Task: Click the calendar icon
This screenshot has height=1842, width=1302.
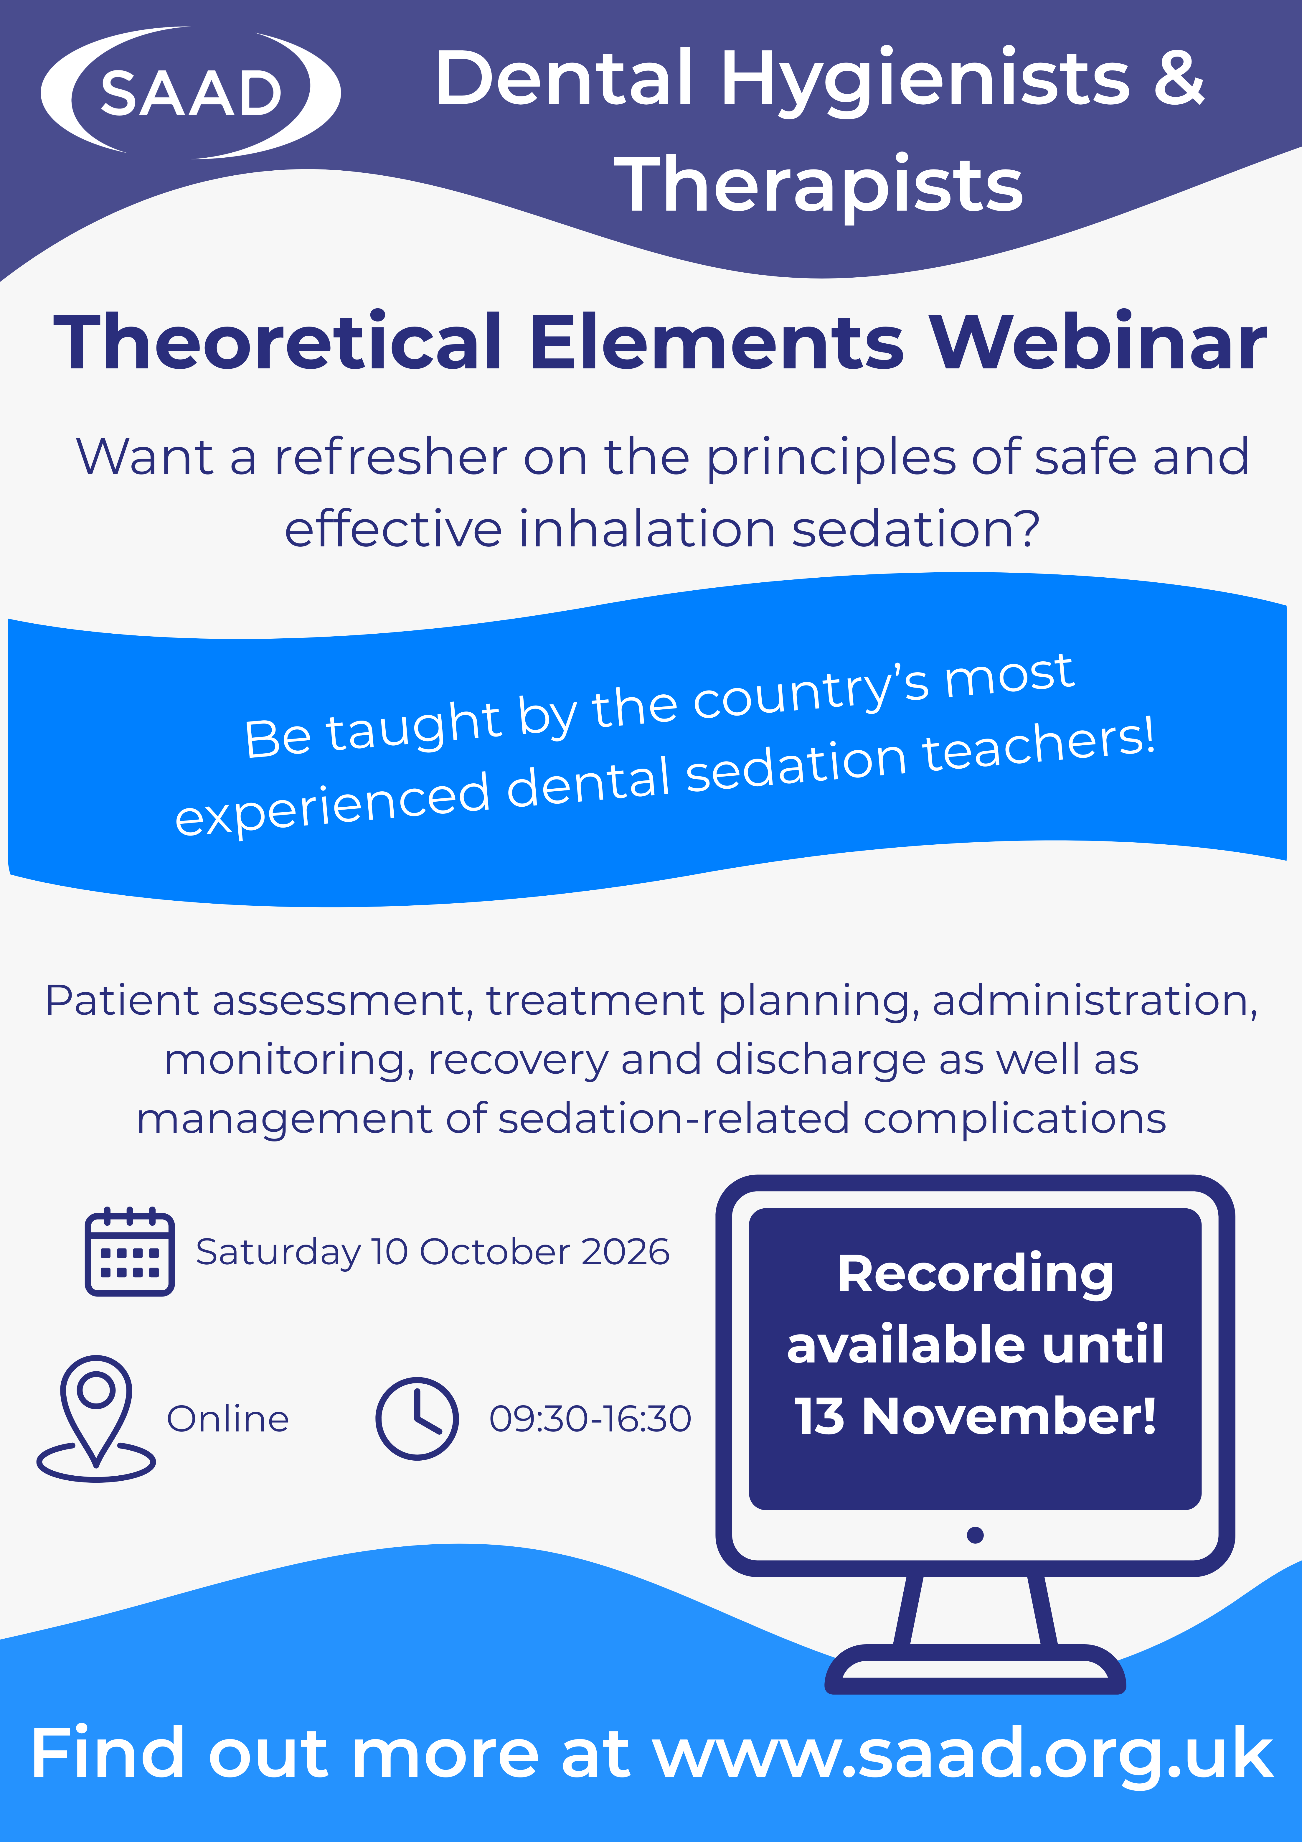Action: pos(129,1252)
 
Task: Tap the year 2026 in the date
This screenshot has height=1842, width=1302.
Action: pos(625,1252)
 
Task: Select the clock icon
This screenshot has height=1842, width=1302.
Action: pos(417,1418)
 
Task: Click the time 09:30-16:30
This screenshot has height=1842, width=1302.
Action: pos(590,1418)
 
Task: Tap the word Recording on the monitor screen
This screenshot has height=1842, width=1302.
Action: pos(976,1274)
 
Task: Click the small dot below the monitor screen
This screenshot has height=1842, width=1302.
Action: pos(976,1535)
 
